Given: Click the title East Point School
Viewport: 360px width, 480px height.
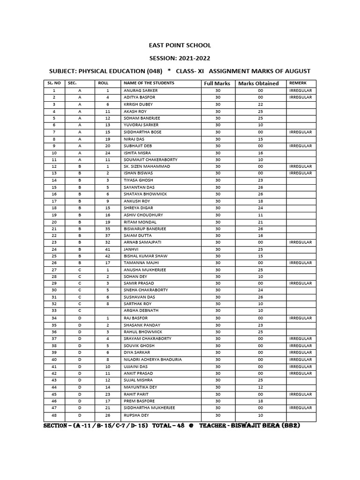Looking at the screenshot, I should click(x=180, y=45).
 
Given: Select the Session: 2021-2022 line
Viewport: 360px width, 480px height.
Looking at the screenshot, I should click(x=180, y=58).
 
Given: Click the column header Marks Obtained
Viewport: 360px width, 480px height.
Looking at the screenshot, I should click(x=258, y=83).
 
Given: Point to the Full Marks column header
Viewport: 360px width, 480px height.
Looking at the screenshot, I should click(x=217, y=83).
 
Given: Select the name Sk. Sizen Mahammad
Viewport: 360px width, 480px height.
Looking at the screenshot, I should click(x=147, y=166).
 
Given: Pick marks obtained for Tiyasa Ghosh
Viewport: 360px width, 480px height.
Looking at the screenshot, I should click(x=260, y=180).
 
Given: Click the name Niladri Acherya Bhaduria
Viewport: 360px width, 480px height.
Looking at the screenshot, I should click(x=152, y=360).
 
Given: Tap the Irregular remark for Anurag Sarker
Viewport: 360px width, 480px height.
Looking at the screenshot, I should click(x=300, y=90).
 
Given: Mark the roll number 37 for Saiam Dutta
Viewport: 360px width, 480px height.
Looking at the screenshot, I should click(x=107, y=235).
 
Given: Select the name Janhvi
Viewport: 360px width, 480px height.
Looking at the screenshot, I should click(x=130, y=249).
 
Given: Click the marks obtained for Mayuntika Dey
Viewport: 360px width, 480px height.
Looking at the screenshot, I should click(x=260, y=387).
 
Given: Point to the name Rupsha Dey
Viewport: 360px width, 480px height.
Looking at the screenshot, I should click(x=136, y=415).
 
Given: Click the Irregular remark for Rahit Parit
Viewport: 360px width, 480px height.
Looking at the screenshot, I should click(x=300, y=394).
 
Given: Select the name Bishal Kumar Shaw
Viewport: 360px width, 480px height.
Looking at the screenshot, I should click(x=143, y=256).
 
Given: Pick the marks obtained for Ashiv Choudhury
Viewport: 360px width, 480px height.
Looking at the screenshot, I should click(x=260, y=215).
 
